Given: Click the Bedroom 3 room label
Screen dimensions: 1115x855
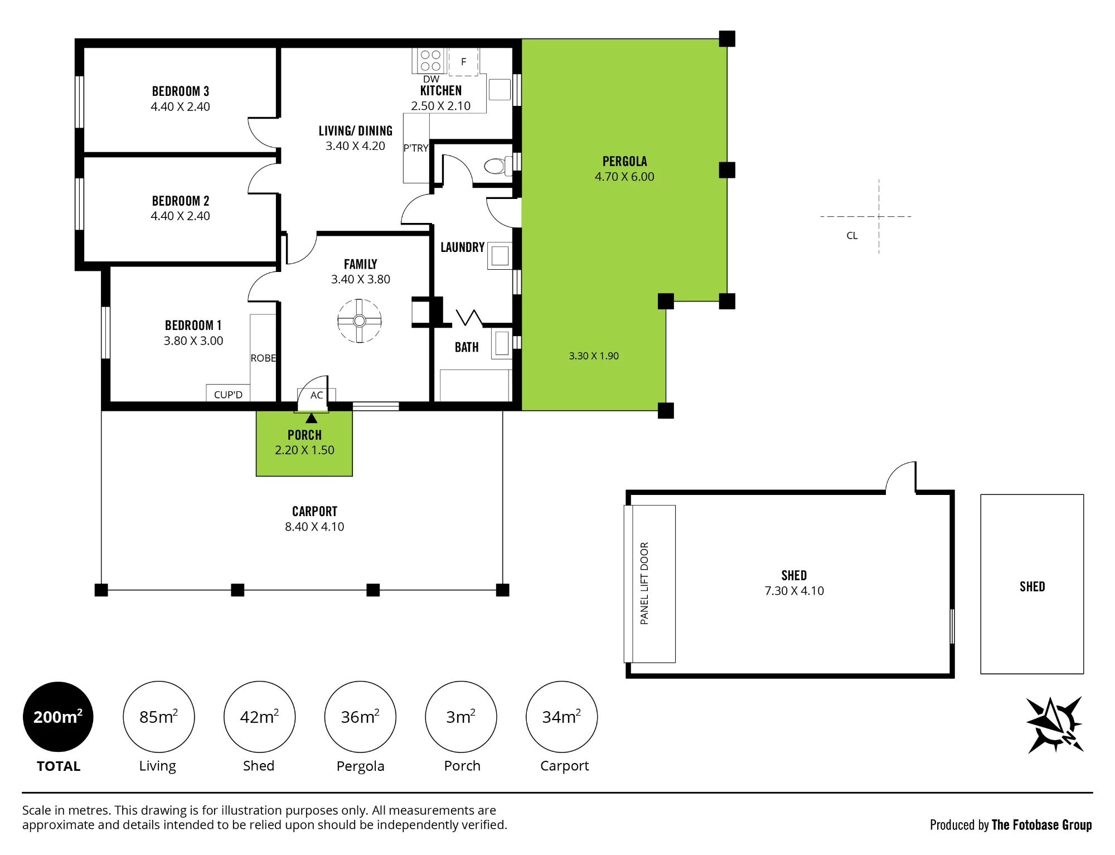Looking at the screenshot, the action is [x=181, y=91].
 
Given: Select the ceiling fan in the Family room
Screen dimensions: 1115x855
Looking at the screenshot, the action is [x=360, y=320].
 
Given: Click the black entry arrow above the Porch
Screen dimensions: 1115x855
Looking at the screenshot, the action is [x=311, y=418].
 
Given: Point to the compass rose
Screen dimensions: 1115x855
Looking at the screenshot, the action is [x=1055, y=725].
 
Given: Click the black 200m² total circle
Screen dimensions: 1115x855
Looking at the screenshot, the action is [x=58, y=717].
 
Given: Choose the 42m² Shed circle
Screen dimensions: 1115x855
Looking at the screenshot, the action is [x=259, y=717].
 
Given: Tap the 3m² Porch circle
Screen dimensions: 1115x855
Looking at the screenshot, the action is [x=461, y=717].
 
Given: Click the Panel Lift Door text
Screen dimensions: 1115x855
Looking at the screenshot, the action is [x=644, y=583].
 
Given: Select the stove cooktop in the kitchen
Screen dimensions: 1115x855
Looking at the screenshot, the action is [x=430, y=61].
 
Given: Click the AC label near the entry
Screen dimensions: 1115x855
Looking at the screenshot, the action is [x=317, y=395].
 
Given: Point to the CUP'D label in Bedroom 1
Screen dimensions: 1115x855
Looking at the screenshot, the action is [x=228, y=395].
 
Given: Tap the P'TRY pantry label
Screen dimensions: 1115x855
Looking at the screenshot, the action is [x=416, y=148].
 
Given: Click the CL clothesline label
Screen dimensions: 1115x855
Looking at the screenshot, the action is [x=852, y=236].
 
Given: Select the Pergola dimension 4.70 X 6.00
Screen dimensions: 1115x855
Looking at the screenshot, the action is [x=624, y=177].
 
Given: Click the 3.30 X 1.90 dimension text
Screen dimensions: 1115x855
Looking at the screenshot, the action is [x=594, y=356].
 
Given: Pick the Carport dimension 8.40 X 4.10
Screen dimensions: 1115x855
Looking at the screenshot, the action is [x=314, y=527].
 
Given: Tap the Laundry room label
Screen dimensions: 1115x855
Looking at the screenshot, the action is [x=463, y=247].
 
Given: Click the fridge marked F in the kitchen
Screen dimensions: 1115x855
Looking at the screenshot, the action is [x=463, y=61].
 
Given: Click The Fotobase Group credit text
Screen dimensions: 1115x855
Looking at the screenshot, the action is [x=1041, y=825].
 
